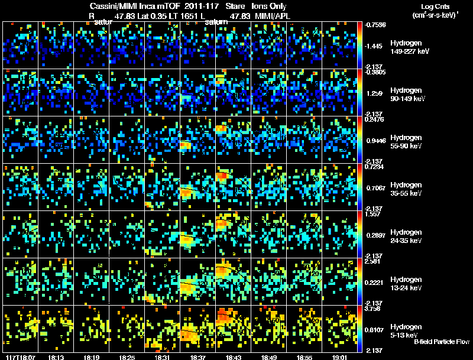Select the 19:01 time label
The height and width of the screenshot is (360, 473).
pyautogui.click(x=339, y=357)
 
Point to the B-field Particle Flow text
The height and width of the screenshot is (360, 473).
pyautogui.click(x=441, y=342)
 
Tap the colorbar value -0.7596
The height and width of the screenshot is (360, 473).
pyautogui.click(x=375, y=25)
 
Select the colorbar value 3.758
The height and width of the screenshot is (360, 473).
pyautogui.click(x=374, y=309)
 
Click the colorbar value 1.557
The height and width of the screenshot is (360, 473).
pyautogui.click(x=374, y=215)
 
